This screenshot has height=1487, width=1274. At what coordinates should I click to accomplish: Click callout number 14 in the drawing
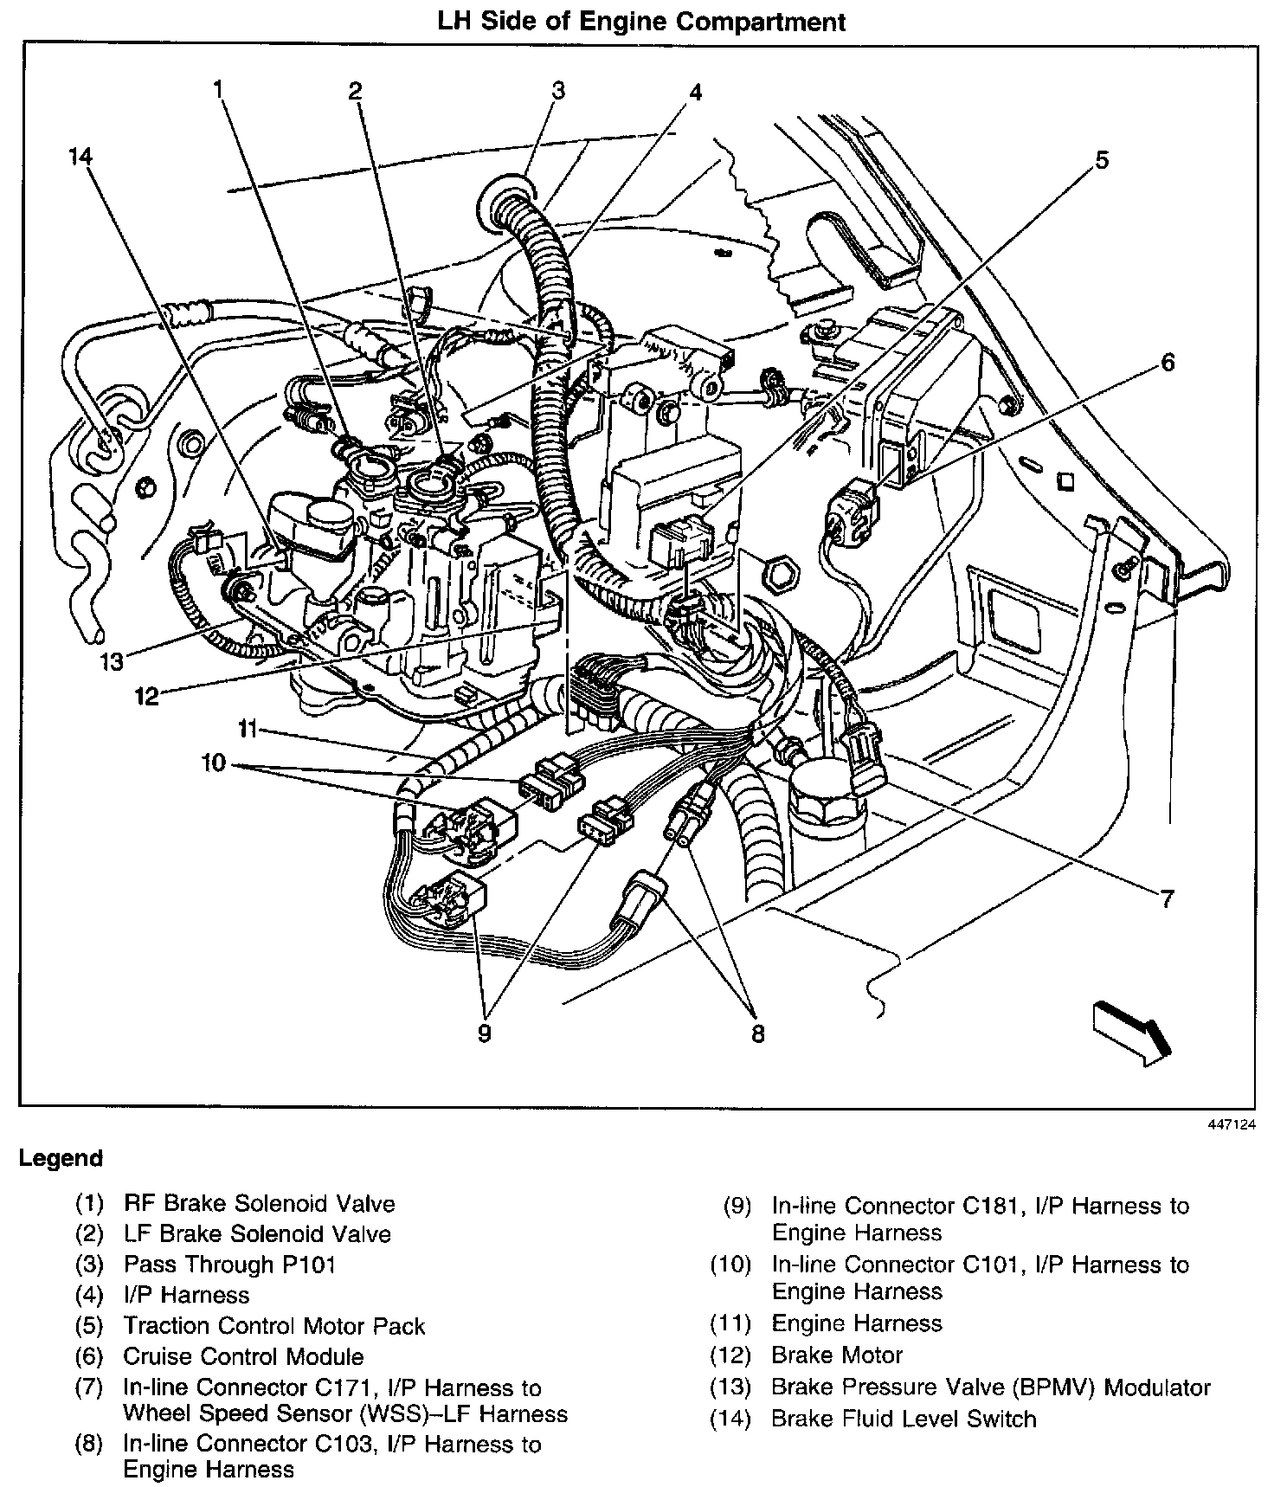pyautogui.click(x=80, y=157)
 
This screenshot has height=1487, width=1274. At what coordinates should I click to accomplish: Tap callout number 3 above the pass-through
pyautogui.click(x=558, y=90)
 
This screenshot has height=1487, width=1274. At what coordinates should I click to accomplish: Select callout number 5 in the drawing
pyautogui.click(x=1102, y=159)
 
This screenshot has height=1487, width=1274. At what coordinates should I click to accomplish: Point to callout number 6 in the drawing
pyautogui.click(x=1168, y=363)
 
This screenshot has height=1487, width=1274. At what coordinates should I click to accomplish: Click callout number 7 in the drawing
pyautogui.click(x=1167, y=899)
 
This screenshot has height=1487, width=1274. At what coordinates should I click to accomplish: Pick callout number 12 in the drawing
pyautogui.click(x=147, y=695)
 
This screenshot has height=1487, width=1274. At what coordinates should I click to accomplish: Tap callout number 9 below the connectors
pyautogui.click(x=484, y=1033)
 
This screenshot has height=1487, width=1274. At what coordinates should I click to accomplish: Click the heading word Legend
pyautogui.click(x=61, y=1158)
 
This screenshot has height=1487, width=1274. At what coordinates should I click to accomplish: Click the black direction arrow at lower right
pyautogui.click(x=1132, y=1031)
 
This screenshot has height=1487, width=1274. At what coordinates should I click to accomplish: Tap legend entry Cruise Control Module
pyautogui.click(x=243, y=1356)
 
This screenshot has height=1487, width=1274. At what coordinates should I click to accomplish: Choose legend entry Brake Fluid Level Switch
pyautogui.click(x=904, y=1419)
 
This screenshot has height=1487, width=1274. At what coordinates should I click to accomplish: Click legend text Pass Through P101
pyautogui.click(x=229, y=1264)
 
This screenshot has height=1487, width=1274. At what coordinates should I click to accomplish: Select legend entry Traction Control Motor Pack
pyautogui.click(x=274, y=1326)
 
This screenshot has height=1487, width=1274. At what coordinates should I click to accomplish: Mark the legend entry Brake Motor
pyautogui.click(x=837, y=1355)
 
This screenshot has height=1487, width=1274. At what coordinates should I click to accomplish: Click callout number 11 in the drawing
pyautogui.click(x=248, y=730)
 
